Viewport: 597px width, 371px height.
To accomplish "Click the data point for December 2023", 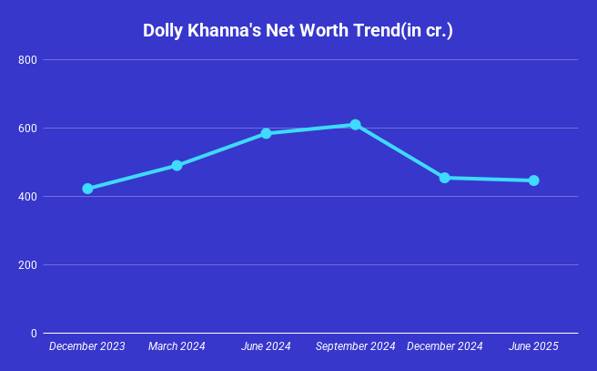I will [87, 189].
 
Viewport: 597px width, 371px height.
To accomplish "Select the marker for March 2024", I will [177, 165].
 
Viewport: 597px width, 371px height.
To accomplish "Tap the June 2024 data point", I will [266, 133].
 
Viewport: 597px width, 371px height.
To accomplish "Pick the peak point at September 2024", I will [355, 125].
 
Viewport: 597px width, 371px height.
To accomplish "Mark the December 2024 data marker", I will [444, 178].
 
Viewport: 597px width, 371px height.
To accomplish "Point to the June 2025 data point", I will [533, 180].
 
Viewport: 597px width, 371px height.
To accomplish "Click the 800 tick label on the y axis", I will [27, 60].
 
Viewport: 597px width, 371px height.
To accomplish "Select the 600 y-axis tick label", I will [27, 129].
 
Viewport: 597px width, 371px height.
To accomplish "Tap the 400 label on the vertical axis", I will [27, 197].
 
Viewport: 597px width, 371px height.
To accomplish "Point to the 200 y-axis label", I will [27, 265].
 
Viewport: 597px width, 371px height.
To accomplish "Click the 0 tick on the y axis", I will [33, 334].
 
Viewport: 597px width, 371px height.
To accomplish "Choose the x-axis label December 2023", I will [87, 347].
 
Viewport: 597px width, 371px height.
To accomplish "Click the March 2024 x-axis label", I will [177, 347].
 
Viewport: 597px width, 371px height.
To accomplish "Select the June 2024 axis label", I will [266, 347].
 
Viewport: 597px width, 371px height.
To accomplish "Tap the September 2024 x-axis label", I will [355, 347].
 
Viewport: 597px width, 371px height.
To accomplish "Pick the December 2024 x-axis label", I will [444, 347].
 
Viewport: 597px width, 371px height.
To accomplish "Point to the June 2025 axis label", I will [533, 347].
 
